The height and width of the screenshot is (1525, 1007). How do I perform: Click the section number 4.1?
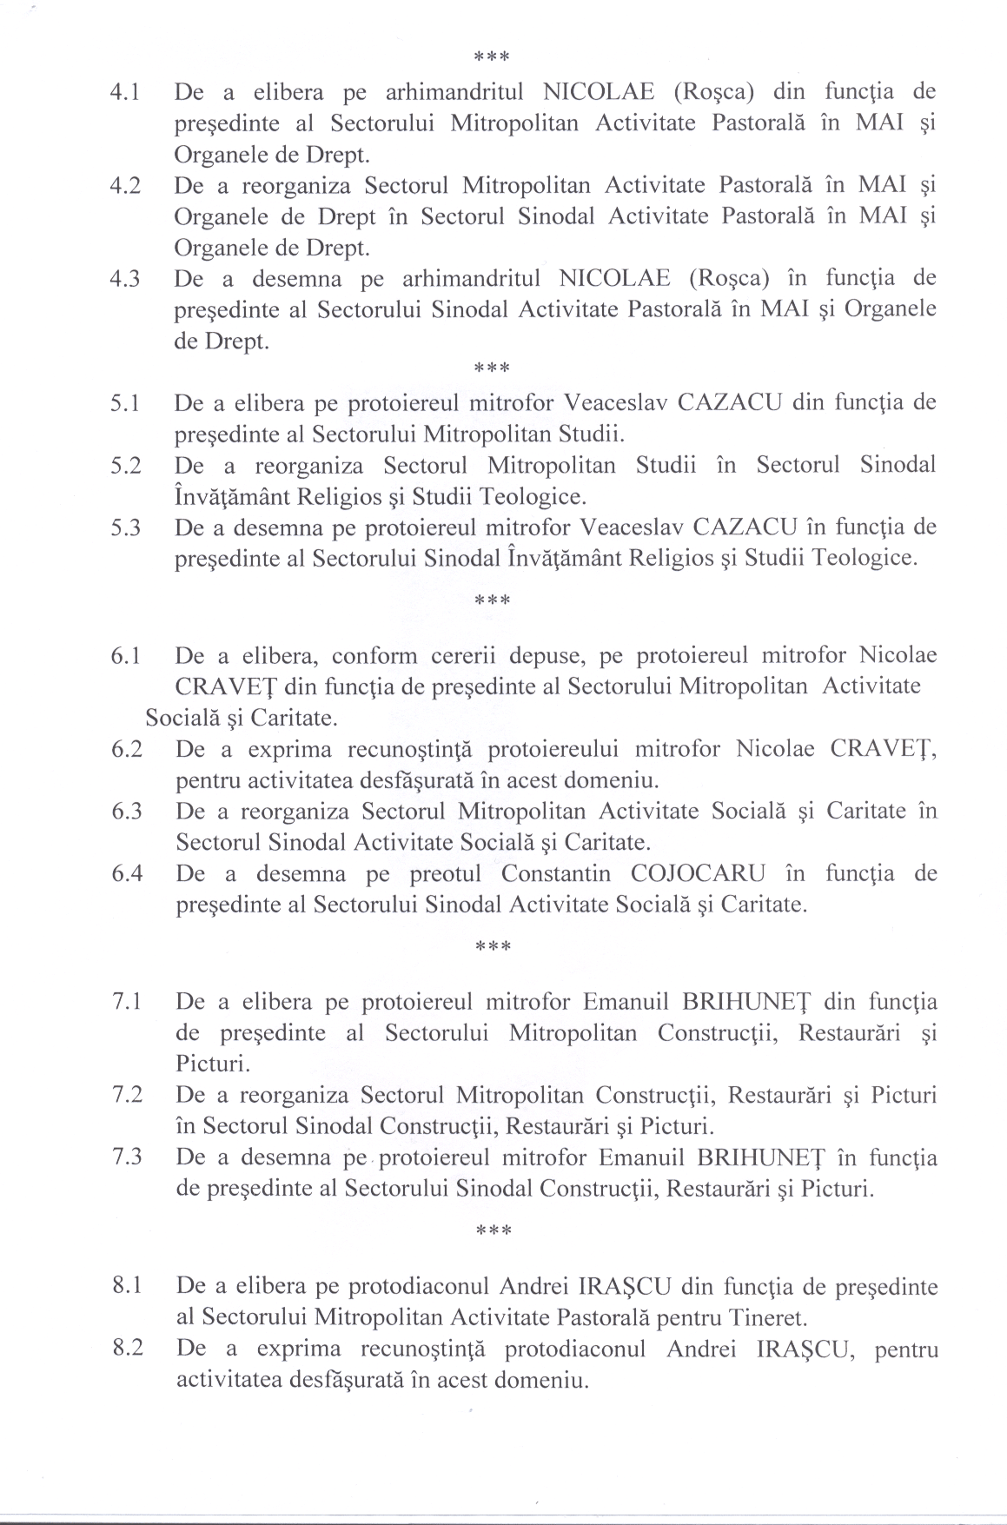coord(126,92)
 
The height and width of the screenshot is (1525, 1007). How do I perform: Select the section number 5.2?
coord(126,466)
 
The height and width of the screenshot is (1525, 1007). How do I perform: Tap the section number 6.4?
coord(127,874)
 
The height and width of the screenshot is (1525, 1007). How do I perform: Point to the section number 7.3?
coord(127,1157)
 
